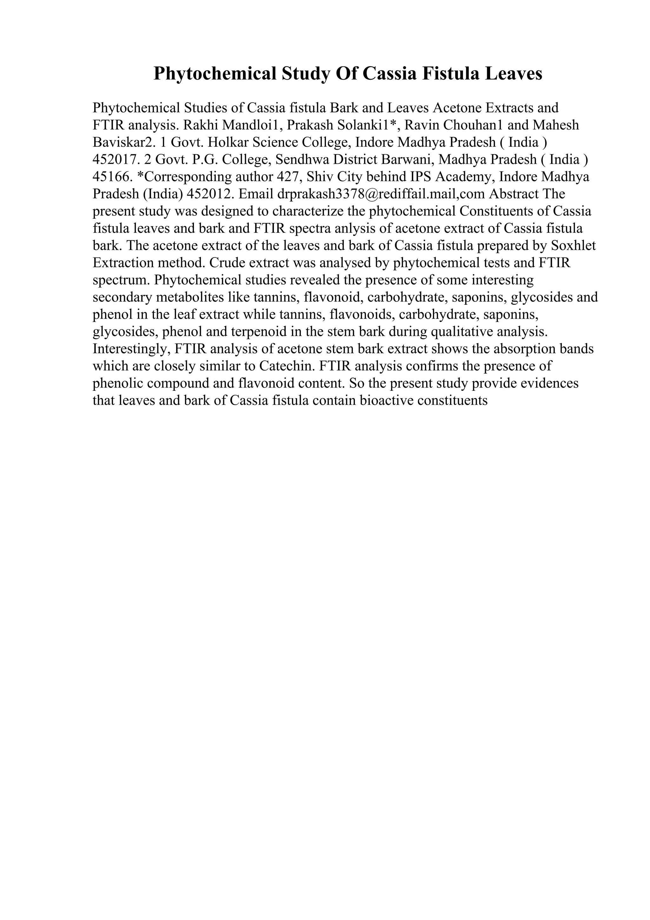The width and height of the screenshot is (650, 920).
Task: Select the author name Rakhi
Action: (201, 125)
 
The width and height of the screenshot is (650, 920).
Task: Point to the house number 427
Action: (288, 177)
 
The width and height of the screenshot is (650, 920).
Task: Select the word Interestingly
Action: (131, 349)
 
